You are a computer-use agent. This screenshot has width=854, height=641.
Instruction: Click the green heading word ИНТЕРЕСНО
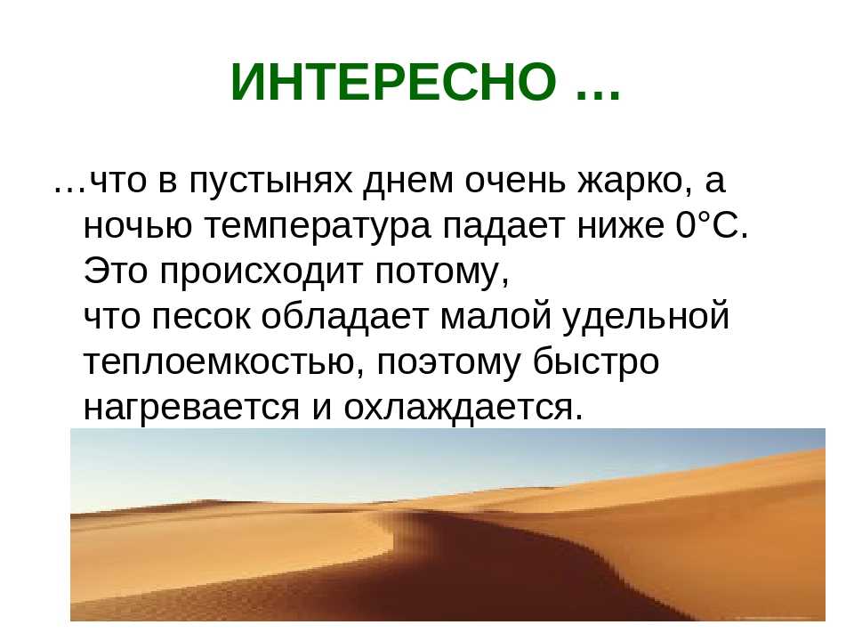pos(393,82)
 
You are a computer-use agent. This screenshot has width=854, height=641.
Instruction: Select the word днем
pos(408,181)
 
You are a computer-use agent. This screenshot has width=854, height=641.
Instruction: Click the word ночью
pos(138,226)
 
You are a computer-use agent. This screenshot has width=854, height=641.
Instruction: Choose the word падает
pos(504,227)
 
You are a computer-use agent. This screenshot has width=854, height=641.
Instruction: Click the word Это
pos(116,271)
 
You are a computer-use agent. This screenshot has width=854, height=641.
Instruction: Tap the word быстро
pos(595,363)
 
